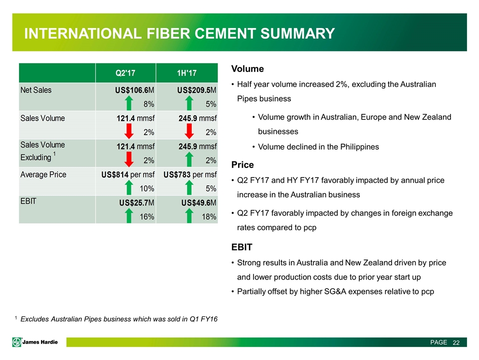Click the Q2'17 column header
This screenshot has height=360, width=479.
pyautogui.click(x=125, y=73)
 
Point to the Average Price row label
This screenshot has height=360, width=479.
pyautogui.click(x=43, y=175)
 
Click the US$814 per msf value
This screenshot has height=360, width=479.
pyautogui.click(x=128, y=175)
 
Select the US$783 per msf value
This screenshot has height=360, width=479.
pyautogui.click(x=190, y=175)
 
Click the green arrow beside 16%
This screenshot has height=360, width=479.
pyautogui.click(x=129, y=216)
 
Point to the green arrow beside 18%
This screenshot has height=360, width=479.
pyautogui.click(x=190, y=216)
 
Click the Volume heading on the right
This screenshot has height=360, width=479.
pyautogui.click(x=247, y=68)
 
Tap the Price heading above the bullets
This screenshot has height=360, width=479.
pyautogui.click(x=242, y=164)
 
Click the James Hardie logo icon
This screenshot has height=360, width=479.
pyautogui.click(x=17, y=342)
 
